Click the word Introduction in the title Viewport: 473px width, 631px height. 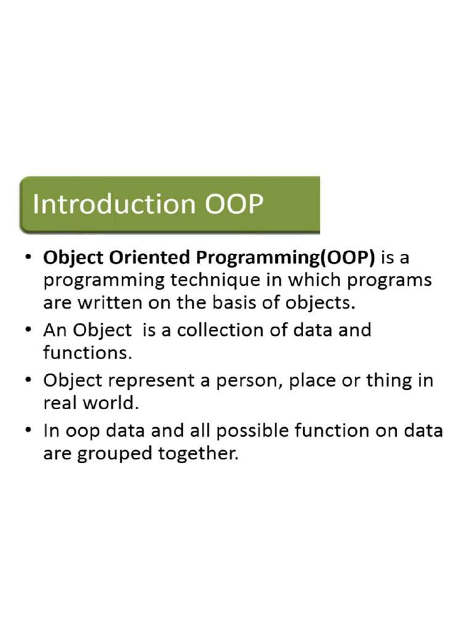click(x=115, y=204)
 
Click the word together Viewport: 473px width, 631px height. click(x=200, y=454)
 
